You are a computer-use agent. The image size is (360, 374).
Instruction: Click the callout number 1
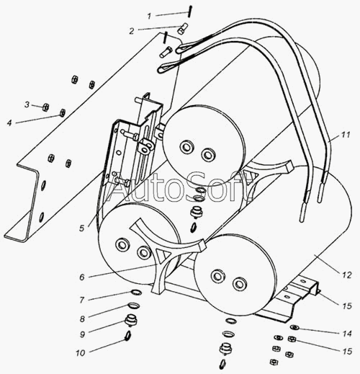149,16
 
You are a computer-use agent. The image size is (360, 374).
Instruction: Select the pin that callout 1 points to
190,12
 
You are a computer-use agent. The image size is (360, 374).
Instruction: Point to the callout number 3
27,104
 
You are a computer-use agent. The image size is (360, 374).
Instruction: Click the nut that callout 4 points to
62,112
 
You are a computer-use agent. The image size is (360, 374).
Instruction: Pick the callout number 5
82,228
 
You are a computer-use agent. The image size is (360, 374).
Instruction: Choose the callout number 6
82,277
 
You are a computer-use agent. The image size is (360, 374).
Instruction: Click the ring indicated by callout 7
136,293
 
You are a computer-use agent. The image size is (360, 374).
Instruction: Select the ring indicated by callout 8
133,306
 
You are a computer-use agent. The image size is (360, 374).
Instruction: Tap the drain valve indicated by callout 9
130,320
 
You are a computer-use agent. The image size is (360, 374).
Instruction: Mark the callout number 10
81,353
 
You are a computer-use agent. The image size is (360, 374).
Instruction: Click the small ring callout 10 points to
127,335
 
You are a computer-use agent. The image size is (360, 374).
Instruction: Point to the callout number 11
345,135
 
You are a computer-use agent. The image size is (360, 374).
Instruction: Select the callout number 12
347,275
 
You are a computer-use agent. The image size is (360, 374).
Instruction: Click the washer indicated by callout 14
294,327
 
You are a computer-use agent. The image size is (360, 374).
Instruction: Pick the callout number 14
347,334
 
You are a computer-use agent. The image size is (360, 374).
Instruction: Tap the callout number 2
132,31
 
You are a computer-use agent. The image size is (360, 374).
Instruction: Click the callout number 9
82,334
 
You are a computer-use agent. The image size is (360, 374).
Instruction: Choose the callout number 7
82,300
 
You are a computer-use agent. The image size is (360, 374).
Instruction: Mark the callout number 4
9,123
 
